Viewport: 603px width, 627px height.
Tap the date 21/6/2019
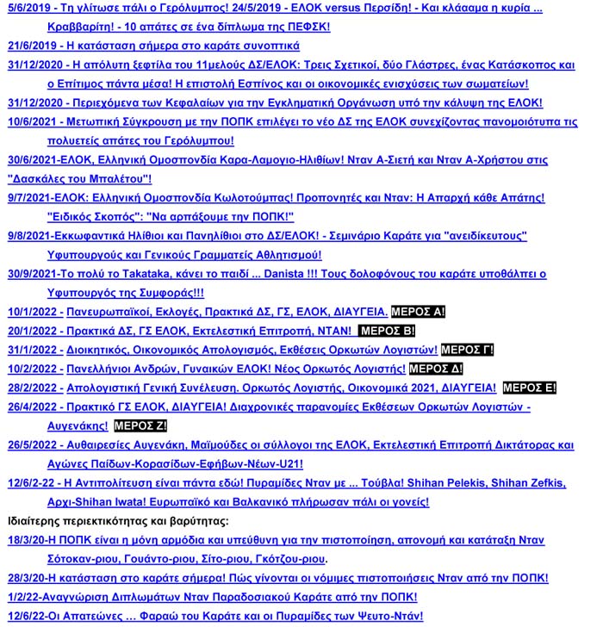click(x=29, y=47)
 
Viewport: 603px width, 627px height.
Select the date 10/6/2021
click(x=29, y=122)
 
